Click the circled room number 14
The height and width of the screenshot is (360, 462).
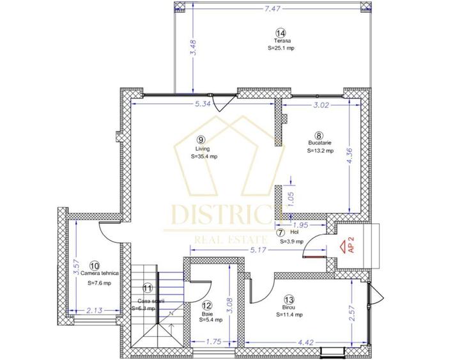point(281,33)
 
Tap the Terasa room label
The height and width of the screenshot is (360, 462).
point(281,40)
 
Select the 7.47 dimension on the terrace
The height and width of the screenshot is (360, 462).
point(272,9)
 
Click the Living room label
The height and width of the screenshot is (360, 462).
point(202,148)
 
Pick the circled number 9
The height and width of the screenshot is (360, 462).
point(201,139)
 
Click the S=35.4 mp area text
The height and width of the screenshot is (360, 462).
point(204,155)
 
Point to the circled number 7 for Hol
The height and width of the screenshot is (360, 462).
point(281,233)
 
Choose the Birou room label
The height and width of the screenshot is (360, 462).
point(288,307)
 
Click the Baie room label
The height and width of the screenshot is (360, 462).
point(208,313)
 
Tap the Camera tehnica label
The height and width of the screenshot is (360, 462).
point(96,273)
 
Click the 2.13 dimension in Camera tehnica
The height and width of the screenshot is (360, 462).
point(95,311)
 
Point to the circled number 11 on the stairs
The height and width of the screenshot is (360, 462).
point(148,289)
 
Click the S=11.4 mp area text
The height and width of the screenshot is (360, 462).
point(289,315)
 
